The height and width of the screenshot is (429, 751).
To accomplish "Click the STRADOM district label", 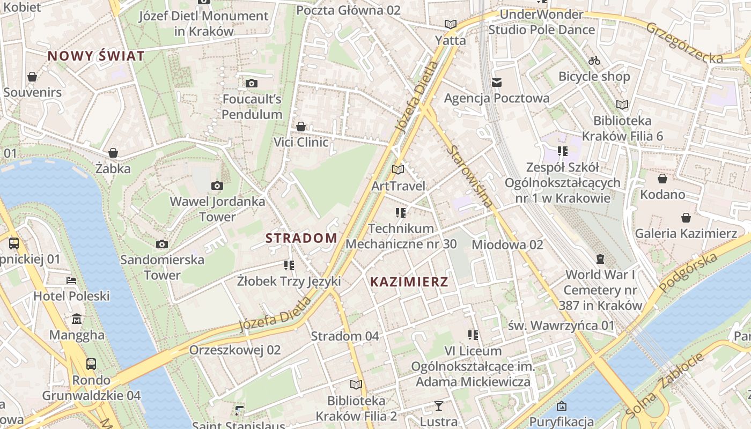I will coord(301,238).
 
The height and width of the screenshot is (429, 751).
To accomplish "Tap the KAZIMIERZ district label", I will coord(409,282).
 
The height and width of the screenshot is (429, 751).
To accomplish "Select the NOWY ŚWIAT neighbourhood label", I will coord(96,56).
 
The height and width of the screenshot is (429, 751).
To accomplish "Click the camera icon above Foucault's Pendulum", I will coord(251,83).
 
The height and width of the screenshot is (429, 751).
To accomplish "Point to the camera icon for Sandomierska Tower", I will coord(161,245).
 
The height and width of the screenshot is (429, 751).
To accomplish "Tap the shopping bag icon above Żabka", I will coord(113,153).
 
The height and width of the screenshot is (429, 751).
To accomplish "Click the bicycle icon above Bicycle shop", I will coord(594,61).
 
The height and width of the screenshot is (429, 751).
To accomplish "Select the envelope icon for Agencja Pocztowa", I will coord(497,83).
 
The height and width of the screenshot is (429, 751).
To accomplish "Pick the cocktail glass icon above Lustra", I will coord(439,406).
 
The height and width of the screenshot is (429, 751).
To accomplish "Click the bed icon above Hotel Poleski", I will coord(71,280).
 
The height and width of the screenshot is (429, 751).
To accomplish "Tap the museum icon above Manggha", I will coord(77,319).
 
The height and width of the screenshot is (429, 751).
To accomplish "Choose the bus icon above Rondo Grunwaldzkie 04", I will coord(91,364).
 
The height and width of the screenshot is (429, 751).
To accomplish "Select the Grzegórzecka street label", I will coord(684,43).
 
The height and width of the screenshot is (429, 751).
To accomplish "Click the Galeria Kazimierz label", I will coord(686,233).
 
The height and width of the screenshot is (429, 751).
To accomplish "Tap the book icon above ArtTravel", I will coord(397,170).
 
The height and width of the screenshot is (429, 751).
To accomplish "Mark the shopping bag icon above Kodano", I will coord(662,179).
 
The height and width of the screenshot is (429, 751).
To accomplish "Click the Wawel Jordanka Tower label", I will coord(217,209).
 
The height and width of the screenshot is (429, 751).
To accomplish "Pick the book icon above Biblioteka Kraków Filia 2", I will coord(356,385).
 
